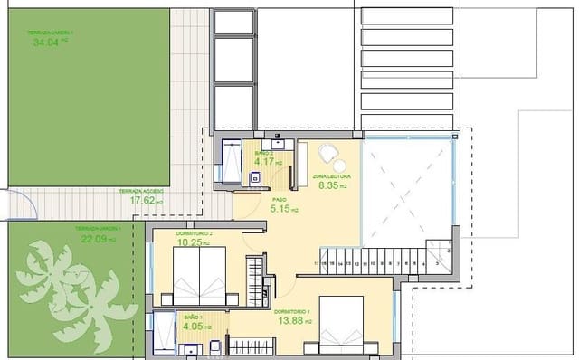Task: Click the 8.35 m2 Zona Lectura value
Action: (x=332, y=185)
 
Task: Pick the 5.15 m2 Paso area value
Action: (x=285, y=209)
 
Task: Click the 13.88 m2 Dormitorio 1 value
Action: (x=295, y=321)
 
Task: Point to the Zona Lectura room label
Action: (x=331, y=175)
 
